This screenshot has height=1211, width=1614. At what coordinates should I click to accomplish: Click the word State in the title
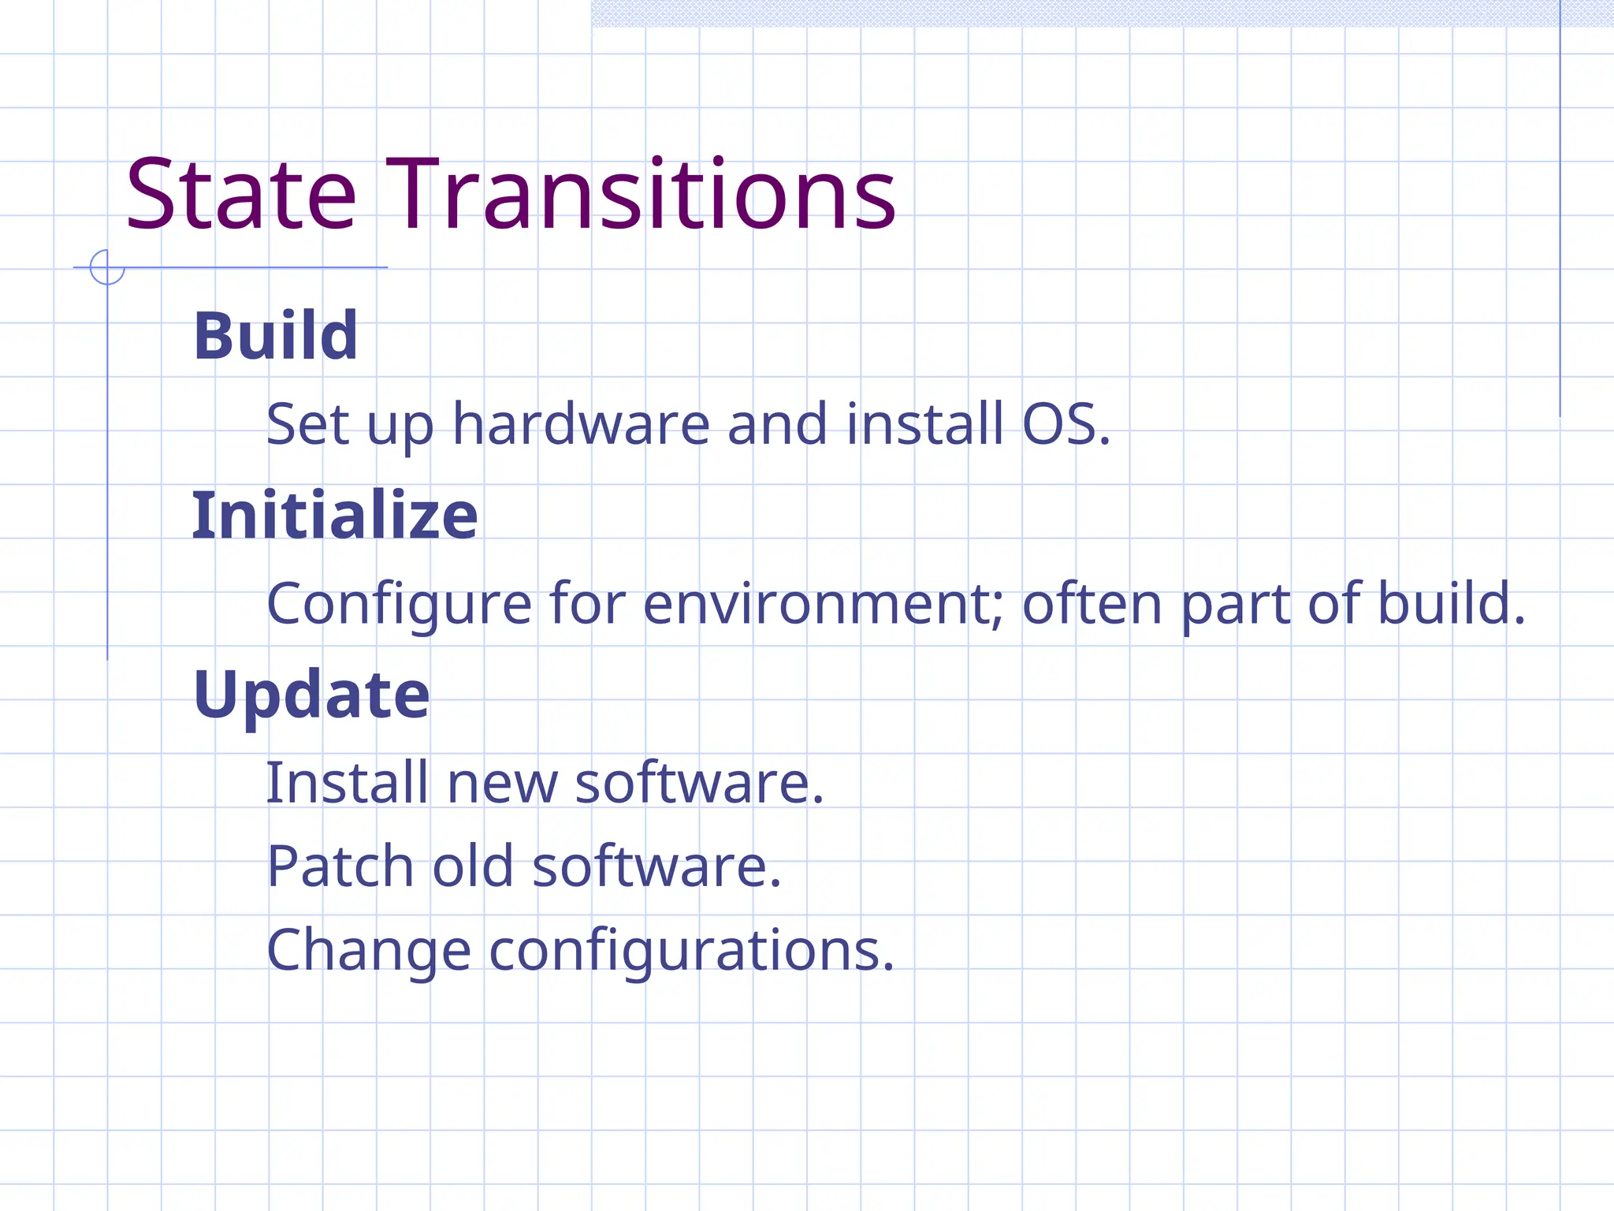(240, 196)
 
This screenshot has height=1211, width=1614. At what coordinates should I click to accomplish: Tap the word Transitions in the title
(641, 196)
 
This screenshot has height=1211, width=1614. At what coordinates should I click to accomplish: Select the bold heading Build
(276, 337)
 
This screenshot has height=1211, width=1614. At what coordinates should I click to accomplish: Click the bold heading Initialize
(335, 516)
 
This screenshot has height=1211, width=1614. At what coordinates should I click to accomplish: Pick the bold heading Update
(311, 695)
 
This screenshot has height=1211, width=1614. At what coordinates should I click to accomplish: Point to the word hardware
(582, 425)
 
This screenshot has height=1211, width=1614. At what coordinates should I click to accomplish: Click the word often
(1092, 605)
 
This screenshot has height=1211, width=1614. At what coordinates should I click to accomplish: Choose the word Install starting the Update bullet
(348, 784)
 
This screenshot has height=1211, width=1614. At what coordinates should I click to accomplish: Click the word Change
(369, 952)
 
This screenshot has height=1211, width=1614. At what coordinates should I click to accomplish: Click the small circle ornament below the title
(107, 267)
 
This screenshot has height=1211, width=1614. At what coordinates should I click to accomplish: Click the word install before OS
(925, 425)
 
